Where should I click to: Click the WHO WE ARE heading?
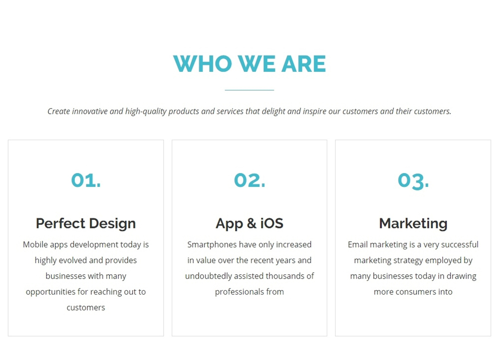point(249,64)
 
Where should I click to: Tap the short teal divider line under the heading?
point(249,90)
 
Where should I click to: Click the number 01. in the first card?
point(86,180)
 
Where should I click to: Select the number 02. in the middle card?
point(249,180)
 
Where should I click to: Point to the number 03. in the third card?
point(413,181)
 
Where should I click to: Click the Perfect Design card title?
point(86,223)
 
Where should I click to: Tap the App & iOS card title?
point(249,223)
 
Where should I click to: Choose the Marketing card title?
point(413,223)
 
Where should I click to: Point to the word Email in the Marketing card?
point(358,244)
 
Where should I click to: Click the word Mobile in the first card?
point(35,244)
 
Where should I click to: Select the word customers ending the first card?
point(86,308)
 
